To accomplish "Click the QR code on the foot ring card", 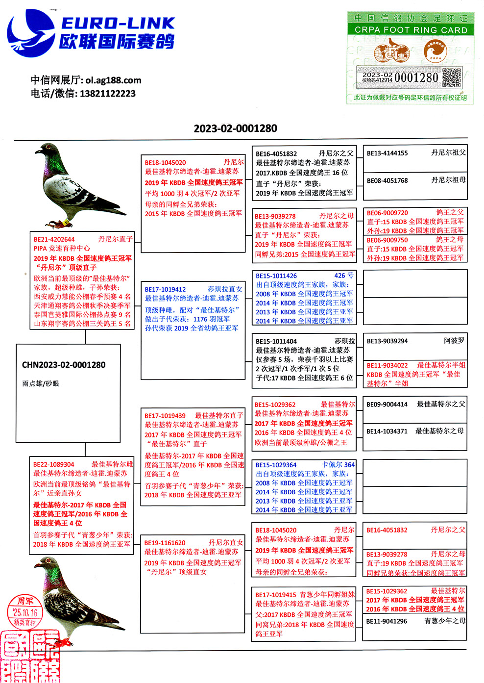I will pyautogui.click(x=452, y=77).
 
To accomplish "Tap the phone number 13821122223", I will pyautogui.click(x=107, y=93).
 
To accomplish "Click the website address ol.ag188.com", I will pyautogui.click(x=113, y=80).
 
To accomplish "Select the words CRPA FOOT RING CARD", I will pyautogui.click(x=411, y=30).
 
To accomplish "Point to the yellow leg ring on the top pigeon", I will pyautogui.click(x=66, y=223).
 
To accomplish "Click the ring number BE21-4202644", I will pyautogui.click(x=54, y=239).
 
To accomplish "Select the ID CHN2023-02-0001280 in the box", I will pyautogui.click(x=64, y=365).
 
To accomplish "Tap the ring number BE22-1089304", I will pyautogui.click(x=54, y=464).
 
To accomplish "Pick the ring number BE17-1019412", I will pyautogui.click(x=165, y=289).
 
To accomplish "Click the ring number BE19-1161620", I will pyautogui.click(x=165, y=543).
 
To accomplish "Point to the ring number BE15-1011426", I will pyautogui.click(x=276, y=276).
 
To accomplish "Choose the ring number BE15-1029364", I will pyautogui.click(x=276, y=465).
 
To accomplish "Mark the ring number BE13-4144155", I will pyautogui.click(x=387, y=153).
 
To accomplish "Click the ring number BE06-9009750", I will pyautogui.click(x=387, y=240).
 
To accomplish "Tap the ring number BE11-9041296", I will pyautogui.click(x=387, y=621).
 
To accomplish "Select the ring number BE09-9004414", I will pyautogui.click(x=387, y=405).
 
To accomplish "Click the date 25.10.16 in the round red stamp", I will pyautogui.click(x=25, y=612).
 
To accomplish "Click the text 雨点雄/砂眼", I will pyautogui.click(x=40, y=383).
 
